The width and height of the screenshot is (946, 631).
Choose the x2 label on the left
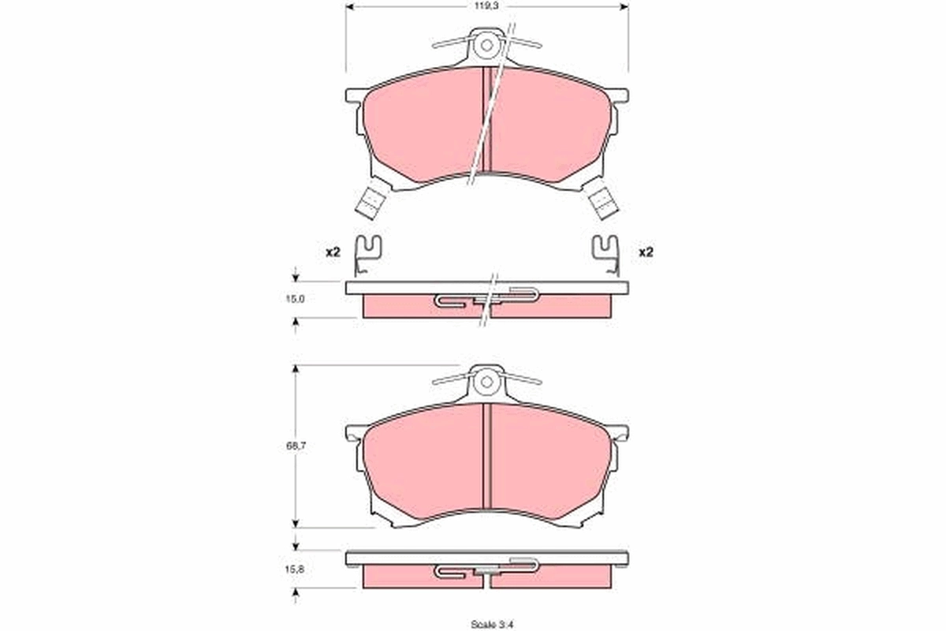click(x=332, y=252)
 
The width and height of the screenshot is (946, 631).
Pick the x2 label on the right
click(x=646, y=252)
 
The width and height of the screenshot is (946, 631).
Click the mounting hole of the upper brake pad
click(x=487, y=45)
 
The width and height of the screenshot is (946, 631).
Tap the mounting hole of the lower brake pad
click(x=487, y=383)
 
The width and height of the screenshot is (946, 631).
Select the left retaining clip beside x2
click(x=367, y=254)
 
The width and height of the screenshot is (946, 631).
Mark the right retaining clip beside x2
click(x=607, y=254)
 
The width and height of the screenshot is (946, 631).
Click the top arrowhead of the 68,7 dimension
click(x=296, y=368)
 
